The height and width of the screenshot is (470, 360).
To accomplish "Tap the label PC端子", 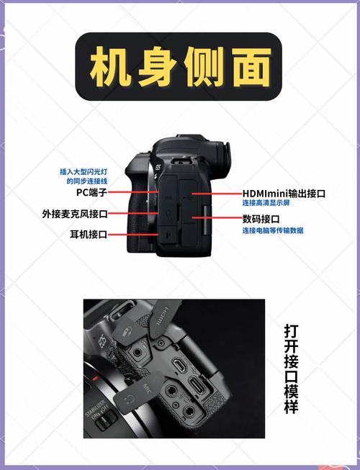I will click(92, 193).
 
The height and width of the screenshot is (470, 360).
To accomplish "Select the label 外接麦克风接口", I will click(75, 214).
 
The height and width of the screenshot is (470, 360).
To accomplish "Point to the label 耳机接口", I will click(88, 234).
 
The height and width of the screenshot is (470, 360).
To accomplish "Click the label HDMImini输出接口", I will click(283, 194).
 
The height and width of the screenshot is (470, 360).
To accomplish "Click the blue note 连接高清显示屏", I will click(266, 204).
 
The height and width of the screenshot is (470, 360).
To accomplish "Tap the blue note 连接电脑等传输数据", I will click(272, 230).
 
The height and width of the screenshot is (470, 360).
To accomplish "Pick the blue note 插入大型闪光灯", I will click(83, 171).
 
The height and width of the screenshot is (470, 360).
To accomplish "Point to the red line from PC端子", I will click(130, 193).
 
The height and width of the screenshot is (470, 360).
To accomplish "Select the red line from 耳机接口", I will click(133, 234).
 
